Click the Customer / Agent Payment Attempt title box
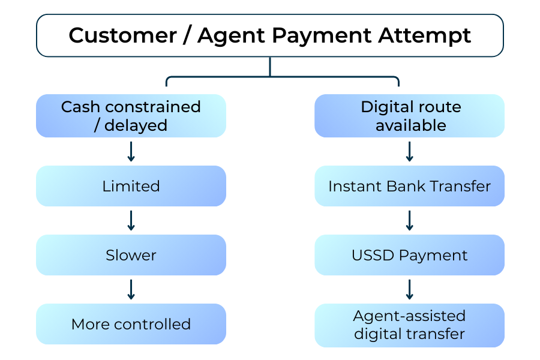point(269,35)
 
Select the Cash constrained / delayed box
point(131,116)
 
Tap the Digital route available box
point(410,116)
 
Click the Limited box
point(131,186)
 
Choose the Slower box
point(131,255)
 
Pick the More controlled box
point(131,324)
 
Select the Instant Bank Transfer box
point(410,186)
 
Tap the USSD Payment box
point(410,255)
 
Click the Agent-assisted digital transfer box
point(410,325)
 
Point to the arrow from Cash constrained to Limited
point(131,151)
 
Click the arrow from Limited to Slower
point(131,220)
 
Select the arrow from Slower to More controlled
point(131,289)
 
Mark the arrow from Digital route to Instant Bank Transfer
point(410,151)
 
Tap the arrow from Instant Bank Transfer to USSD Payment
point(410,220)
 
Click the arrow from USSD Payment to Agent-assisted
point(410,289)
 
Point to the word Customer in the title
point(122,35)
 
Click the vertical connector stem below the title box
point(270,67)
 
